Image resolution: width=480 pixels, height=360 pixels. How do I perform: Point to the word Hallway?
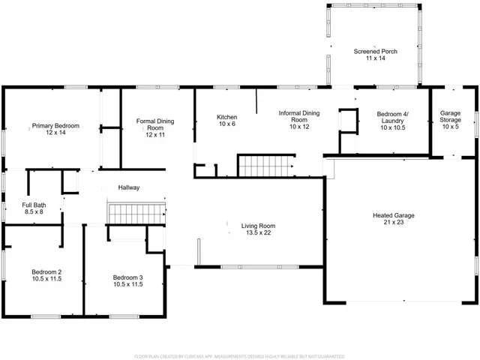click(x=129, y=187)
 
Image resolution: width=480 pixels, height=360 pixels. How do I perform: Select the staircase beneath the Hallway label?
click(x=136, y=213)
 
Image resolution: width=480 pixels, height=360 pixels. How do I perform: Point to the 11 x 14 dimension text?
click(x=375, y=58)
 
